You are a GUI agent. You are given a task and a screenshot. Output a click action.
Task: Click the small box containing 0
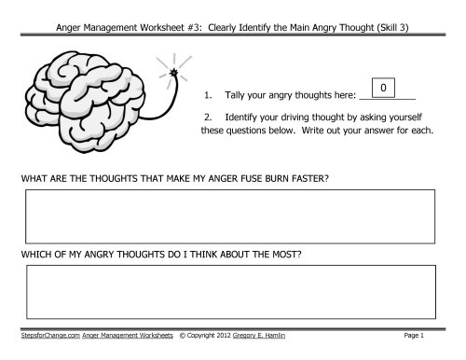382,88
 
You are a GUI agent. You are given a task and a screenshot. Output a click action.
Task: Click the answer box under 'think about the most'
230,292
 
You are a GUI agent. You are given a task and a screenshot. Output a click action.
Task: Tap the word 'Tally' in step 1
231,95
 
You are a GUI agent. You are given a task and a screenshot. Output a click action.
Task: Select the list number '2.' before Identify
208,118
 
